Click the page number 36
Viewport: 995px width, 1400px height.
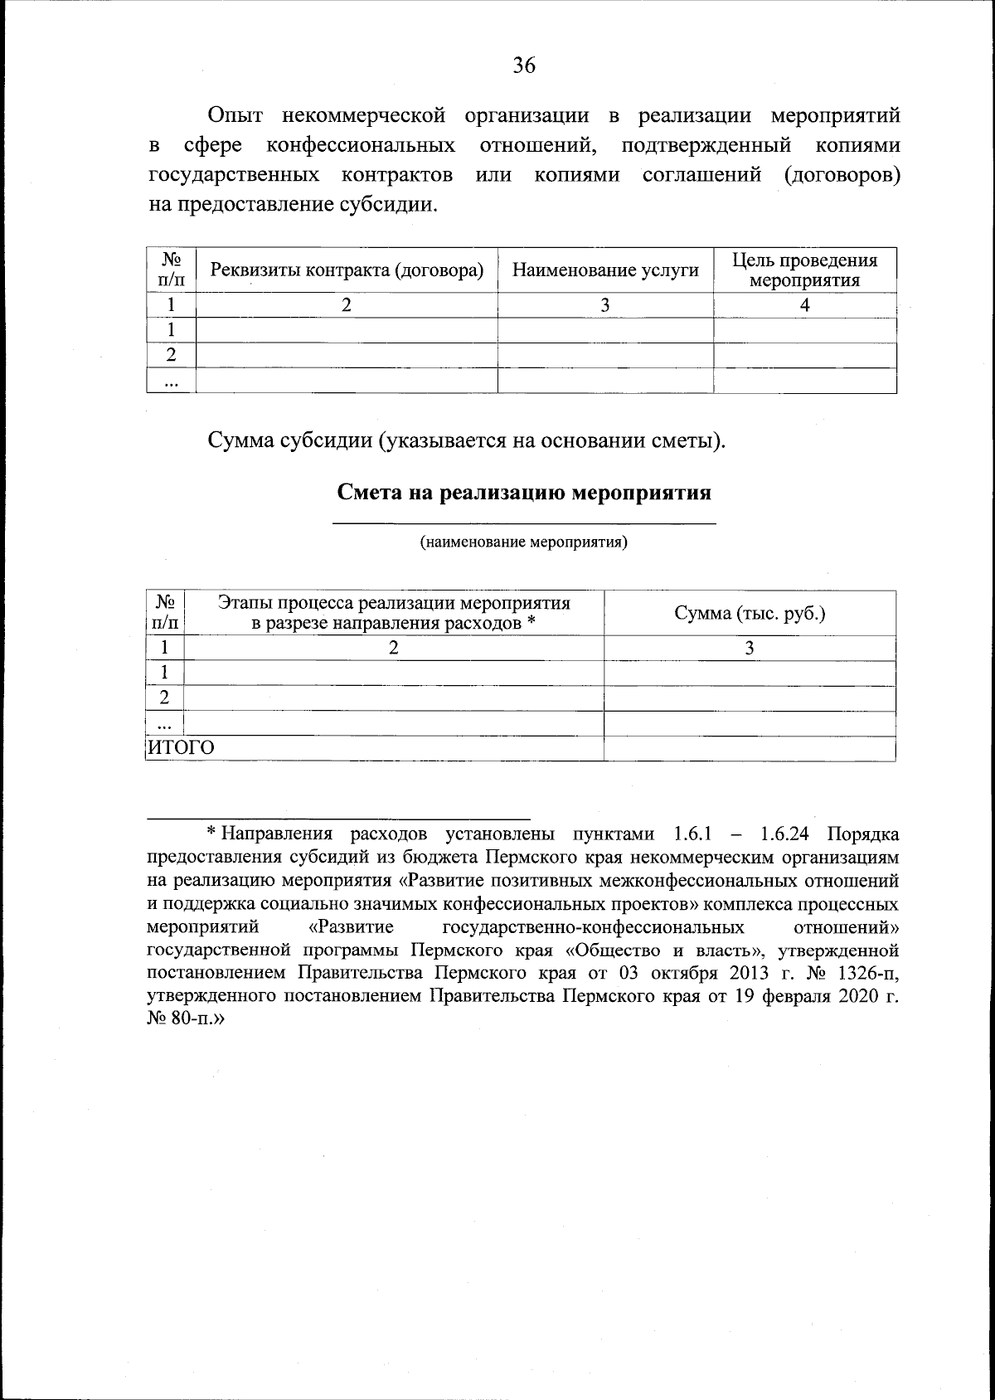[523, 66]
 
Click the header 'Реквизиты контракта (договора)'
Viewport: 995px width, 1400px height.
[347, 270]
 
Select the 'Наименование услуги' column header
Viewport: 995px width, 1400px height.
[605, 270]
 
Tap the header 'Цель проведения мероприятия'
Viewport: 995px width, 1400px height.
[804, 270]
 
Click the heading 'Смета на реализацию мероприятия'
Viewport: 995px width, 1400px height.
[524, 493]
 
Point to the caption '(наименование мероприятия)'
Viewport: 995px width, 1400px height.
[523, 543]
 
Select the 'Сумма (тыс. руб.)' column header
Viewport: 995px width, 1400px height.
[750, 614]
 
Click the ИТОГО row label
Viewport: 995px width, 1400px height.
[181, 748]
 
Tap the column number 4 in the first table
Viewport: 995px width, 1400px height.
[804, 305]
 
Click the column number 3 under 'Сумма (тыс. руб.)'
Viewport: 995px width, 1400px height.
[750, 649]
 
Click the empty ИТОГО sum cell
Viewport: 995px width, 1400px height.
[750, 748]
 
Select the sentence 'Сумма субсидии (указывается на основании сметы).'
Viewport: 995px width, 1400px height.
[466, 440]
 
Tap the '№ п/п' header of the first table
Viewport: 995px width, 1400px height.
[171, 270]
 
